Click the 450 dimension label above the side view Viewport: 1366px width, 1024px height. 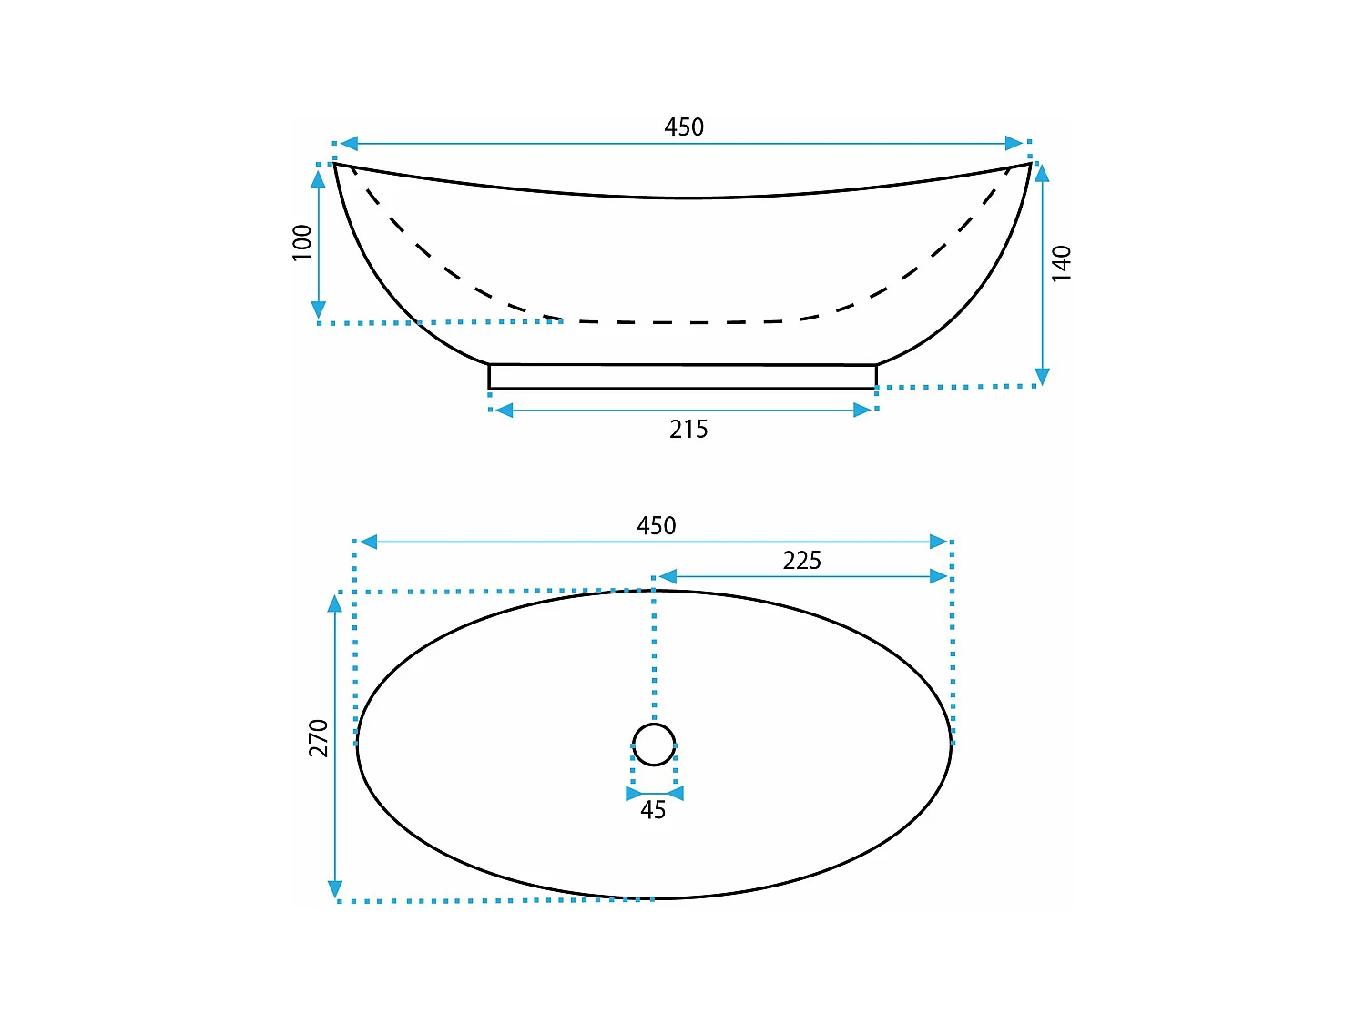click(683, 127)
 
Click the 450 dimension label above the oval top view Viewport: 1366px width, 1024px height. click(656, 526)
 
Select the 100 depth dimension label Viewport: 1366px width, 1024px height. click(302, 242)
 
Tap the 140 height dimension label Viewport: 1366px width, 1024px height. click(1062, 264)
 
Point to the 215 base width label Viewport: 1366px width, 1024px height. click(688, 430)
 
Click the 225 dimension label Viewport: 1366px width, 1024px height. click(801, 561)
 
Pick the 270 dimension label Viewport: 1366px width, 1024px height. click(319, 738)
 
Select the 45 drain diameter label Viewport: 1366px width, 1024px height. click(653, 810)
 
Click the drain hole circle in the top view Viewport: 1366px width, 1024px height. click(654, 724)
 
